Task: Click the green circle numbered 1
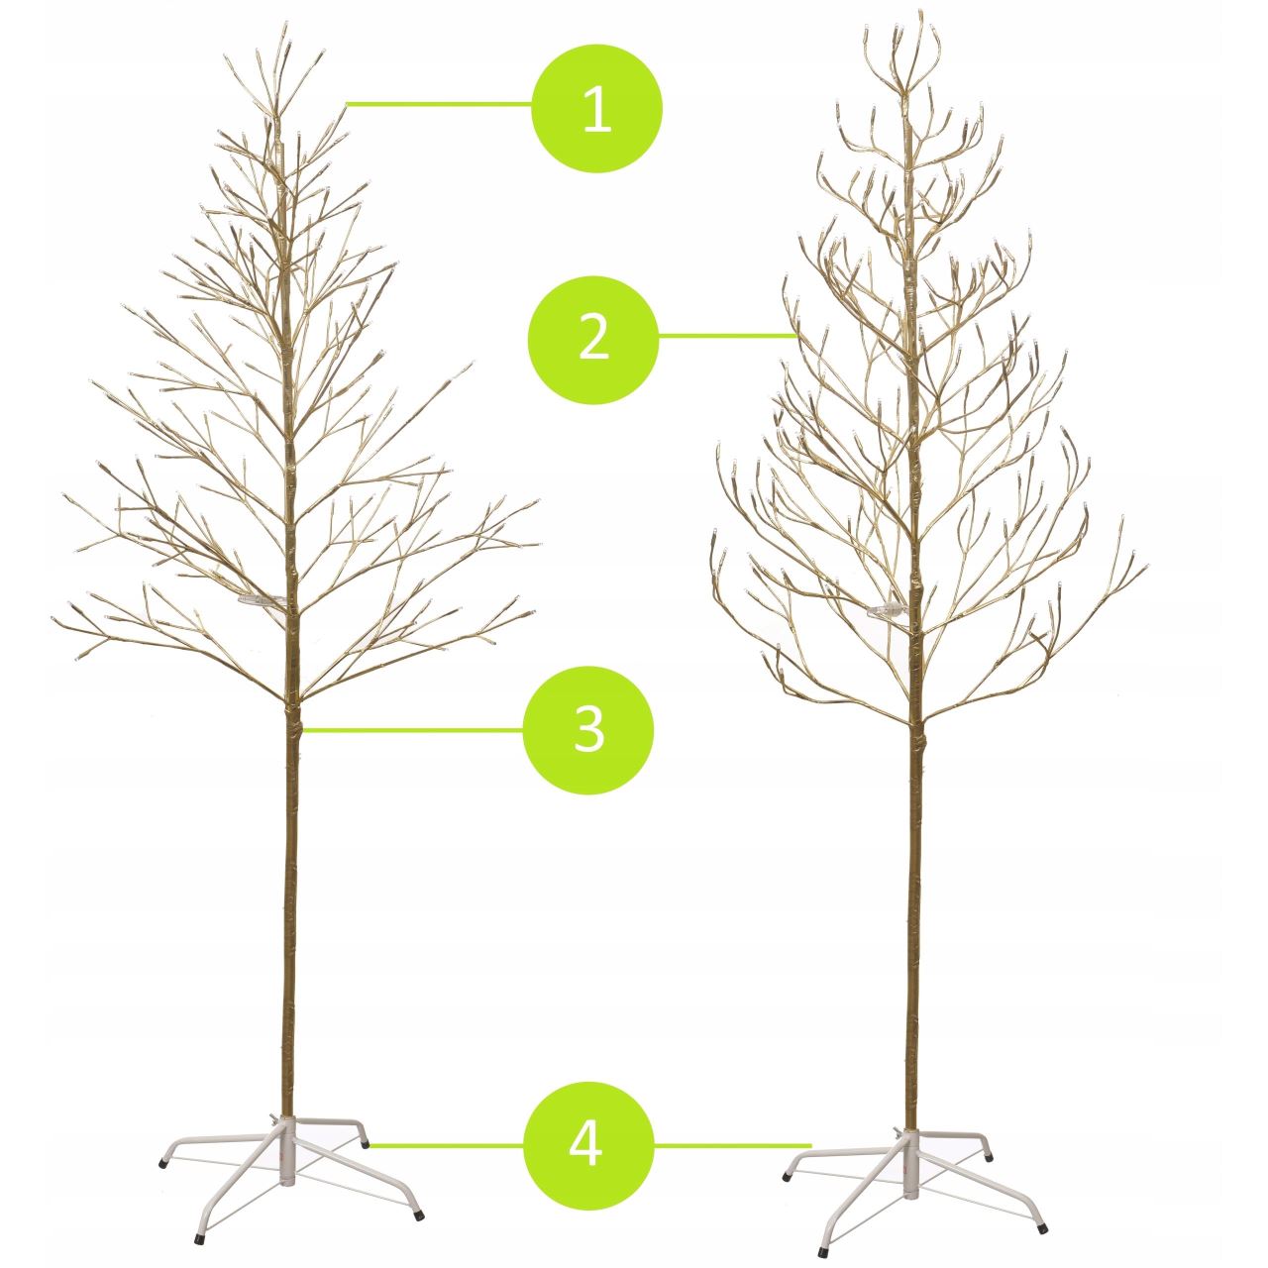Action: click(596, 108)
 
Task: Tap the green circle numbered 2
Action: click(593, 338)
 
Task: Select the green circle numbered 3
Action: click(588, 729)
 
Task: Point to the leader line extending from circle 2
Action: click(728, 337)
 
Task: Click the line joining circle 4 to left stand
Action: click(446, 1145)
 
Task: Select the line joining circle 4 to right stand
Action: click(733, 1145)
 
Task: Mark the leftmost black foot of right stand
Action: click(787, 1177)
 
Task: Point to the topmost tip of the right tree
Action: click(920, 13)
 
